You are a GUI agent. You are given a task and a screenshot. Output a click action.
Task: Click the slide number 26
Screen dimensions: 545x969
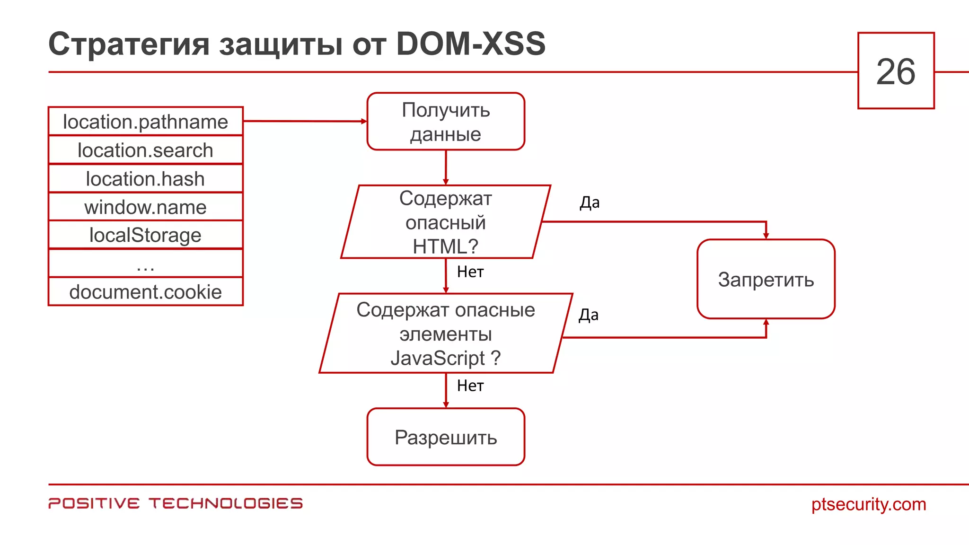[x=896, y=71]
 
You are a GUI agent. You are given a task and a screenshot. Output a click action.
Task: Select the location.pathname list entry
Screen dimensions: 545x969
[x=145, y=122]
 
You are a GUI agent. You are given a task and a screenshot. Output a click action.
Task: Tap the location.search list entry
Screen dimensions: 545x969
[x=145, y=150]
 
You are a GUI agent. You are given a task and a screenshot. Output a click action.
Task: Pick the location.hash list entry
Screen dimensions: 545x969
[x=145, y=179]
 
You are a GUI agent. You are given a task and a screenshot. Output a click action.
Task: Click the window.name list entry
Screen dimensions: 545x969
[x=145, y=207]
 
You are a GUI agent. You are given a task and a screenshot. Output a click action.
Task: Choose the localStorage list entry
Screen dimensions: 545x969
[x=145, y=235]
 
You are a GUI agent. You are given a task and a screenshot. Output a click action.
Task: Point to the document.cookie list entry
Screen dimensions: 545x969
[x=145, y=292]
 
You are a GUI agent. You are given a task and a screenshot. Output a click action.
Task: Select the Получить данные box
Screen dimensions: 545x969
[x=446, y=122]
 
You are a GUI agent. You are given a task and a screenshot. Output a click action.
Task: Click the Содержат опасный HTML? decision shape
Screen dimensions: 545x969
[x=446, y=222]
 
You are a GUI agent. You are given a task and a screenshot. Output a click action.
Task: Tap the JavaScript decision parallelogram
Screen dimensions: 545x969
[x=446, y=334]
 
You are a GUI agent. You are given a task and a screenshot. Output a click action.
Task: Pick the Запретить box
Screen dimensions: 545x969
[x=766, y=279]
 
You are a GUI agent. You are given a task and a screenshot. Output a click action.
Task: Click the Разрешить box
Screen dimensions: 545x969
[x=446, y=437]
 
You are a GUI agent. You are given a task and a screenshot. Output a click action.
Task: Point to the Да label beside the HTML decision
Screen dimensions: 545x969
[x=590, y=202]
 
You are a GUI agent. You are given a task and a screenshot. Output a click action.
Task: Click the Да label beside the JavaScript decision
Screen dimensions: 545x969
[x=589, y=315]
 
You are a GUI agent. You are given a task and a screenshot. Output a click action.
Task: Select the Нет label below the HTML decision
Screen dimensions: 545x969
[x=470, y=272]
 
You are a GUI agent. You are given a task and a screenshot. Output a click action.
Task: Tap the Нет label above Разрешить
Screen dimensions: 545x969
[x=470, y=386]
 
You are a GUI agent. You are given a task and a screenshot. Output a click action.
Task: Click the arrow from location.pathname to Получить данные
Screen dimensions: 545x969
[x=305, y=121]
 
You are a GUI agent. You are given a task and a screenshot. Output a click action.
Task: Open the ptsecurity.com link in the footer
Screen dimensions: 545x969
[x=868, y=504]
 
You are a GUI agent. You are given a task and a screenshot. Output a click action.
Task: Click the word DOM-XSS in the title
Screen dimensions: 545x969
[x=470, y=44]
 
